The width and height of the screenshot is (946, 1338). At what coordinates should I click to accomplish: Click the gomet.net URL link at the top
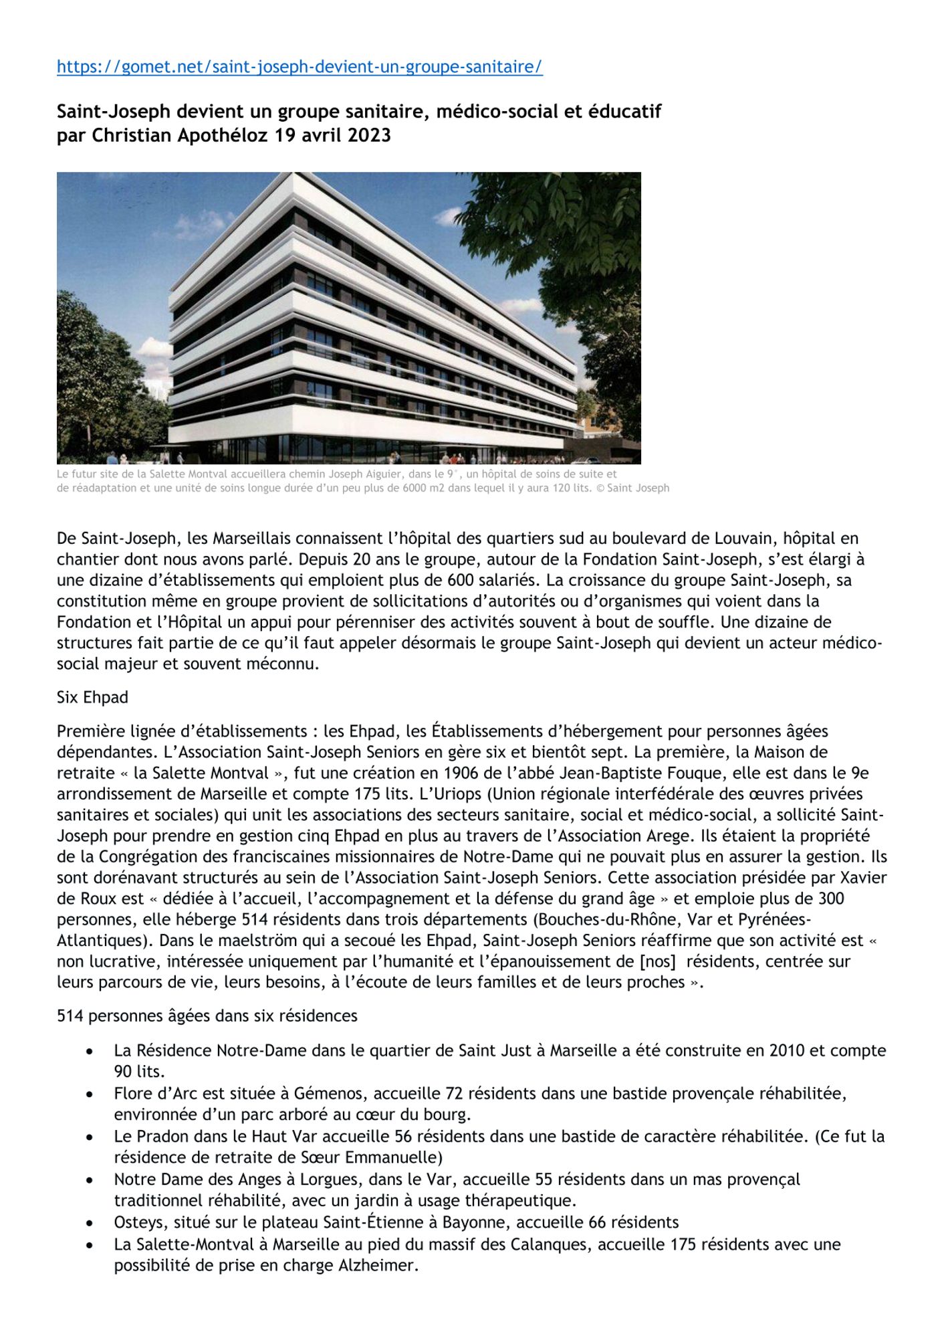point(300,67)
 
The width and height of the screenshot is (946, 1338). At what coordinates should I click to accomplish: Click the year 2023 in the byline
point(366,136)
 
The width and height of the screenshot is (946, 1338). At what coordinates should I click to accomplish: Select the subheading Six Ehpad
point(92,697)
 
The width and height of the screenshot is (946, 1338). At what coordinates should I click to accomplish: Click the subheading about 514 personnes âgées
point(207,1016)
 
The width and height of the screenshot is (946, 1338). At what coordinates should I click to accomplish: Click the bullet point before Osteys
point(90,1223)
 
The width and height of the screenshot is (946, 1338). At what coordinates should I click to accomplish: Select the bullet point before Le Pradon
point(90,1137)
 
